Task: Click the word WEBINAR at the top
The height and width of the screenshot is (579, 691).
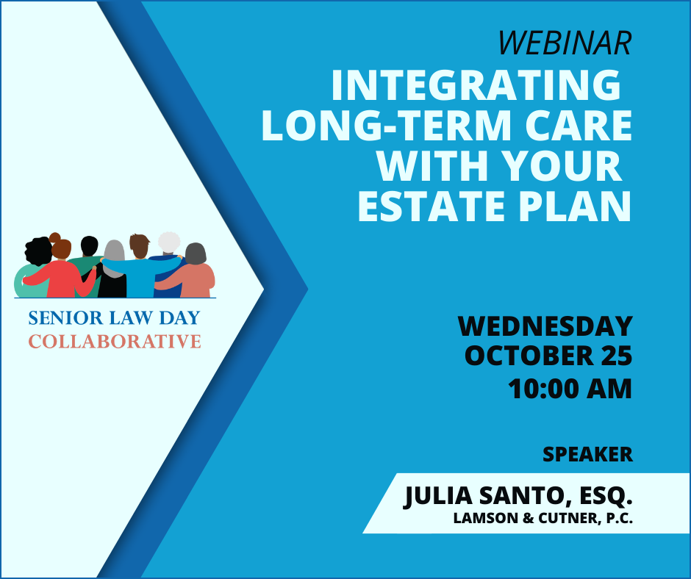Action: pos(565,43)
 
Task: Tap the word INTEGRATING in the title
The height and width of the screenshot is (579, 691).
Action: pos(476,84)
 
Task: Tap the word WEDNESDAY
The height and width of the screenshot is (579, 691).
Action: pos(545,326)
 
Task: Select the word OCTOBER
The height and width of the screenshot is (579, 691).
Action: pos(529,356)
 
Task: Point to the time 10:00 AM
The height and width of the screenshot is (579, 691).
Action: pos(570,389)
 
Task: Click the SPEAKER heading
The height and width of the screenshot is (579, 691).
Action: pos(587,454)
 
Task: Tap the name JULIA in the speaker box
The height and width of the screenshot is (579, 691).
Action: pos(437,496)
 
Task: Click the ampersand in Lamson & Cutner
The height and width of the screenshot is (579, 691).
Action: pos(529,518)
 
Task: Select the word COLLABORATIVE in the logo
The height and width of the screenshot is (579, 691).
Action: pos(115,342)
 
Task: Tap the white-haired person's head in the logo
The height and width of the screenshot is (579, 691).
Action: pos(169,242)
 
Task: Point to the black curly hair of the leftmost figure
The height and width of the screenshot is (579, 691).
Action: pos(38,251)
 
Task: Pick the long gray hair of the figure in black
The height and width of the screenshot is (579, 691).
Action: pos(115,258)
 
